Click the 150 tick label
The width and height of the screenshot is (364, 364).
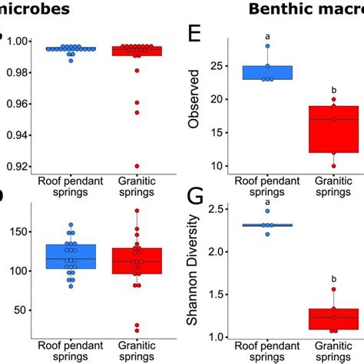(18, 231)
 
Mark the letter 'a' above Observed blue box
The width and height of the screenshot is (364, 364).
(267, 36)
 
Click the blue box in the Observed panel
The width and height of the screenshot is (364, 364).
(267, 72)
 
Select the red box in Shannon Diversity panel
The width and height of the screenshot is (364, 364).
(333, 319)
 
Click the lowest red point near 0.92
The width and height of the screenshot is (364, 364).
(136, 166)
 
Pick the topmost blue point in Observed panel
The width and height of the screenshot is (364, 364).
(267, 46)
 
